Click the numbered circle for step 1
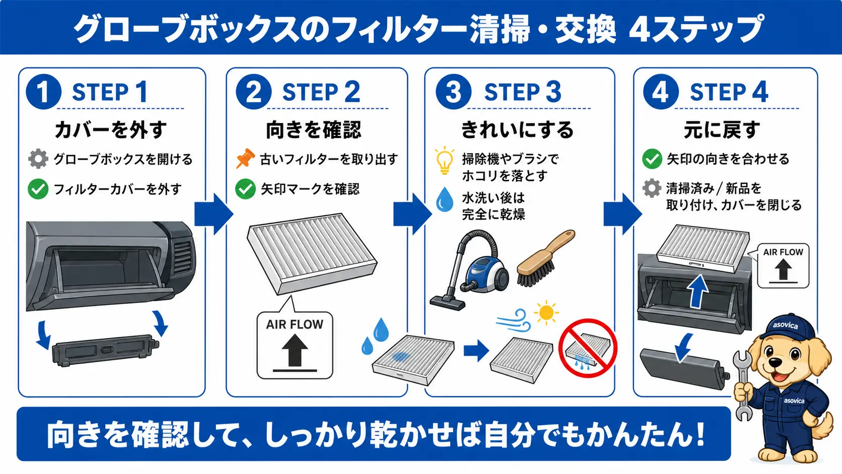click(44, 92)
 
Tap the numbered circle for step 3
click(454, 92)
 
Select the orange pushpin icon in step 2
click(245, 158)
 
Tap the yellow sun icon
click(546, 312)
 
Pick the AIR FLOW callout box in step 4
click(783, 266)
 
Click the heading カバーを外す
click(111, 129)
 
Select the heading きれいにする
click(517, 129)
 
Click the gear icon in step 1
click(38, 159)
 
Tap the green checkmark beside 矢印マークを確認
click(245, 189)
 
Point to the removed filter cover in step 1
click(106, 350)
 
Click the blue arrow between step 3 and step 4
click(622, 214)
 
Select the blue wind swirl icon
click(514, 320)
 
